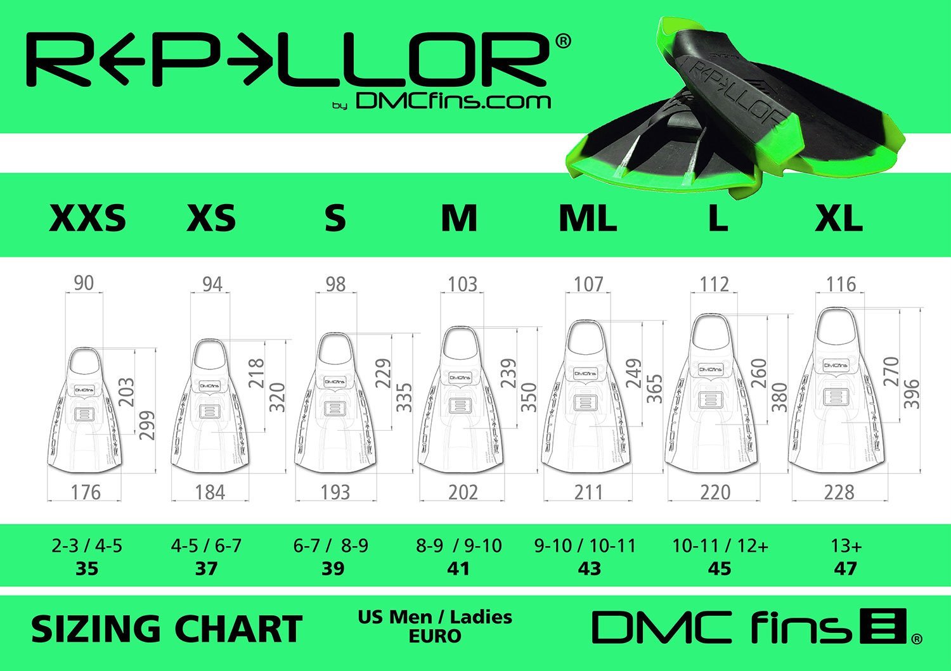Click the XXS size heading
87,218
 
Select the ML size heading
588,218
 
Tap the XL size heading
838,218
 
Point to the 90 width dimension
84,283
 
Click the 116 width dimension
841,284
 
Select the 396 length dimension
911,393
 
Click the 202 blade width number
463,492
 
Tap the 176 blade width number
86,492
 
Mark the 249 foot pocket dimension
634,374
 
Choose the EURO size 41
458,568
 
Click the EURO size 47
846,568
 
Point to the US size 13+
846,546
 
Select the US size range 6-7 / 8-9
330,546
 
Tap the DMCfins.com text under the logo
453,101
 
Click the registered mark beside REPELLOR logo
562,41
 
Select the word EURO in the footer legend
434,636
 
